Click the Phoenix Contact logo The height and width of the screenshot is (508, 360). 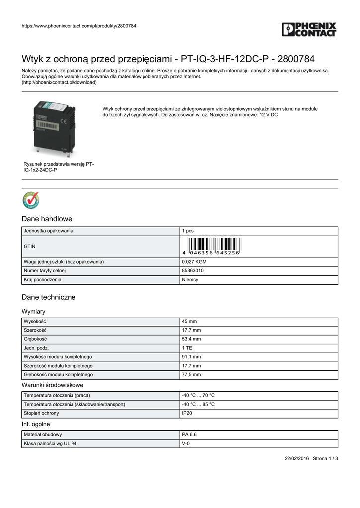pyautogui.click(x=309, y=29)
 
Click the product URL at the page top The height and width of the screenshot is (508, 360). pyautogui.click(x=79, y=26)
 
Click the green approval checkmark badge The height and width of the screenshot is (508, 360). pyautogui.click(x=31, y=200)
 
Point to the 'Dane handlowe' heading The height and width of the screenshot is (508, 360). pyautogui.click(x=47, y=219)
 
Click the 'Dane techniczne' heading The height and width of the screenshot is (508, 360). pyautogui.click(x=49, y=297)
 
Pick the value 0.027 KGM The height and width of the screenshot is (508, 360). pyautogui.click(x=194, y=262)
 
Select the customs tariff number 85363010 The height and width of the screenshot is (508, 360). pyautogui.click(x=193, y=271)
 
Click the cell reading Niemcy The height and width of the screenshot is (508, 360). pyautogui.click(x=190, y=280)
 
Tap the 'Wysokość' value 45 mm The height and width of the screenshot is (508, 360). pyautogui.click(x=189, y=322)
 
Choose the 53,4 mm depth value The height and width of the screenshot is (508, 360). pyautogui.click(x=191, y=339)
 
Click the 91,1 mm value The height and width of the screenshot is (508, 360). pyautogui.click(x=191, y=357)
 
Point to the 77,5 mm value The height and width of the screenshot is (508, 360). pyautogui.click(x=191, y=375)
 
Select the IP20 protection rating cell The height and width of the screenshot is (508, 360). pyautogui.click(x=187, y=413)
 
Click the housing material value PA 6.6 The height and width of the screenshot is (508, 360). pyautogui.click(x=189, y=435)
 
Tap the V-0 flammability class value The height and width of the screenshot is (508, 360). pyautogui.click(x=186, y=444)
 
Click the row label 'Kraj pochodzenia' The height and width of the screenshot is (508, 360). pyautogui.click(x=43, y=280)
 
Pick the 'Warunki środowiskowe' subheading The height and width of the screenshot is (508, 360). pyautogui.click(x=53, y=385)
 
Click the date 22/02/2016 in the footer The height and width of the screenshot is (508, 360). pyautogui.click(x=296, y=458)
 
